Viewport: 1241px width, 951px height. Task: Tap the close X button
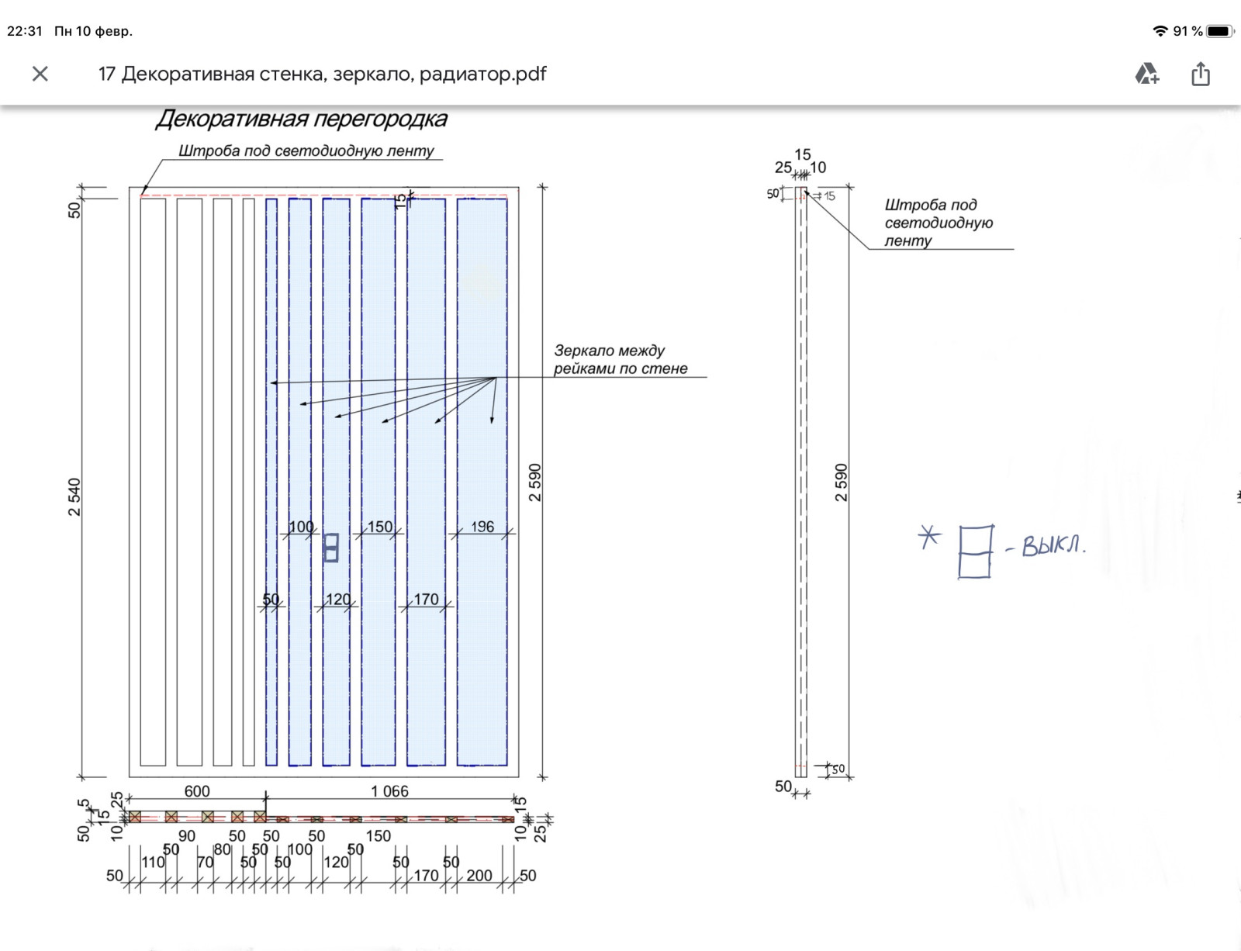[x=40, y=74]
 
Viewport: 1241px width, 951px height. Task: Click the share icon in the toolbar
[x=1200, y=74]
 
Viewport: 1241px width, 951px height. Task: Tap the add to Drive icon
[x=1146, y=74]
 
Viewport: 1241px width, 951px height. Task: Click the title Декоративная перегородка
[x=301, y=119]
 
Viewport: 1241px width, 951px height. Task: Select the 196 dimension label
[x=482, y=527]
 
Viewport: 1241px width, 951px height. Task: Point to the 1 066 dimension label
[x=389, y=791]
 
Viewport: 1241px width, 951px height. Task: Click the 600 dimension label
[x=197, y=791]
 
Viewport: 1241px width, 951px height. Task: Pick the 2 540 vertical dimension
[x=74, y=496]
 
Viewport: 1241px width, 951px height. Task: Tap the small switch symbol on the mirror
[x=331, y=548]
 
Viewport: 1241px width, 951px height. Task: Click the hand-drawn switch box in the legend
[x=975, y=552]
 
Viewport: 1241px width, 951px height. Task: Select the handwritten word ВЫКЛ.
[x=1053, y=545]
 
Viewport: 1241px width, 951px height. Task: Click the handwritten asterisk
[x=929, y=537]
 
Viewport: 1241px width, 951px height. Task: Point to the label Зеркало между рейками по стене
[x=620, y=360]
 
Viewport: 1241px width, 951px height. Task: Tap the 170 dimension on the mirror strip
[x=426, y=600]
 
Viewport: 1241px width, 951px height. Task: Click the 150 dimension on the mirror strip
[x=380, y=527]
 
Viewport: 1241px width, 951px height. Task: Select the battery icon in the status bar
[x=1219, y=31]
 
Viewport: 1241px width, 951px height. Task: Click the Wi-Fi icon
[x=1160, y=31]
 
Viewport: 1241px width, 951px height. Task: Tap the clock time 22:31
[x=25, y=31]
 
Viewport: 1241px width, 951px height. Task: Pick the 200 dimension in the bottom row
[x=479, y=876]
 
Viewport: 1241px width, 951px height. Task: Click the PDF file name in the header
[x=322, y=74]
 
